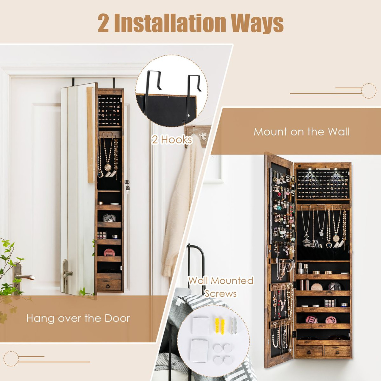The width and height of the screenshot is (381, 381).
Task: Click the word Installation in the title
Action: [x=171, y=23]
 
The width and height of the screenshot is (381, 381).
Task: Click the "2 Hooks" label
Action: [x=172, y=139]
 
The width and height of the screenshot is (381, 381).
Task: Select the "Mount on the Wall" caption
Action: [x=302, y=132]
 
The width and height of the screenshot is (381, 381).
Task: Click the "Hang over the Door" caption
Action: [x=78, y=318]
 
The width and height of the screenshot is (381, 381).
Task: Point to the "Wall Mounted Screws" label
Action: [x=221, y=287]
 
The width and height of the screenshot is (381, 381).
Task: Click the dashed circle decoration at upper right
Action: [x=369, y=90]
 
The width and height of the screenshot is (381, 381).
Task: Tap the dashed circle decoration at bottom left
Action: [x=11, y=358]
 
